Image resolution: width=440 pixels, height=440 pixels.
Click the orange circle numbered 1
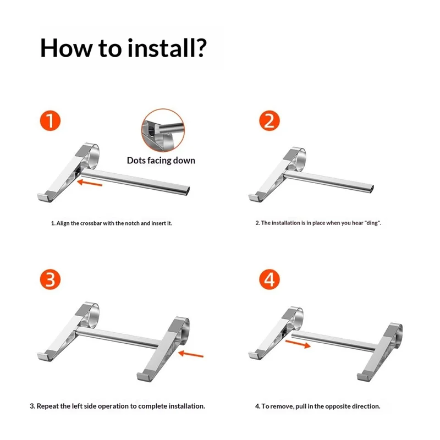click(50, 120)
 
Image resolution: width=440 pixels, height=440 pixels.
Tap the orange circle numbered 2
click(269, 120)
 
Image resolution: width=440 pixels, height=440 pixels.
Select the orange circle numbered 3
click(50, 279)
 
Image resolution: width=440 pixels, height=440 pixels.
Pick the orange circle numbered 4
click(269, 279)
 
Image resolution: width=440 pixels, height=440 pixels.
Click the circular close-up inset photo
click(163, 130)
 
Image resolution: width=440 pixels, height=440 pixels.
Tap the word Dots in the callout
click(136, 161)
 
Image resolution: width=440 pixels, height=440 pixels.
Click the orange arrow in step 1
click(90, 183)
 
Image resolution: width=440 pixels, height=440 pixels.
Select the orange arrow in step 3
click(191, 354)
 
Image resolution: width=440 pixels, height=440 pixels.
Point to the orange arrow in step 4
click(298, 344)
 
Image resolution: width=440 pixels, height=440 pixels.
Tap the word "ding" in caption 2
click(373, 223)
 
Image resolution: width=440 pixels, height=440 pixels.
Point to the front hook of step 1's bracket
click(43, 197)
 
